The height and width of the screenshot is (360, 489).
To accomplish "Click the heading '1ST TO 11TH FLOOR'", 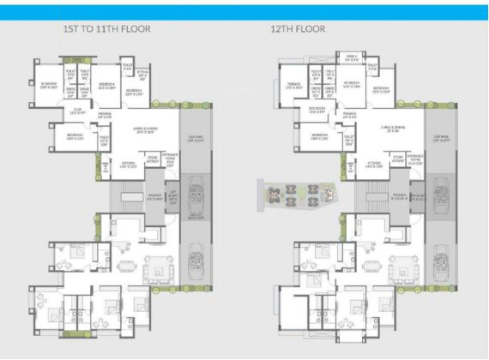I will (108, 30).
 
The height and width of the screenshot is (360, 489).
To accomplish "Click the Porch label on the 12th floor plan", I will (351, 57).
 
